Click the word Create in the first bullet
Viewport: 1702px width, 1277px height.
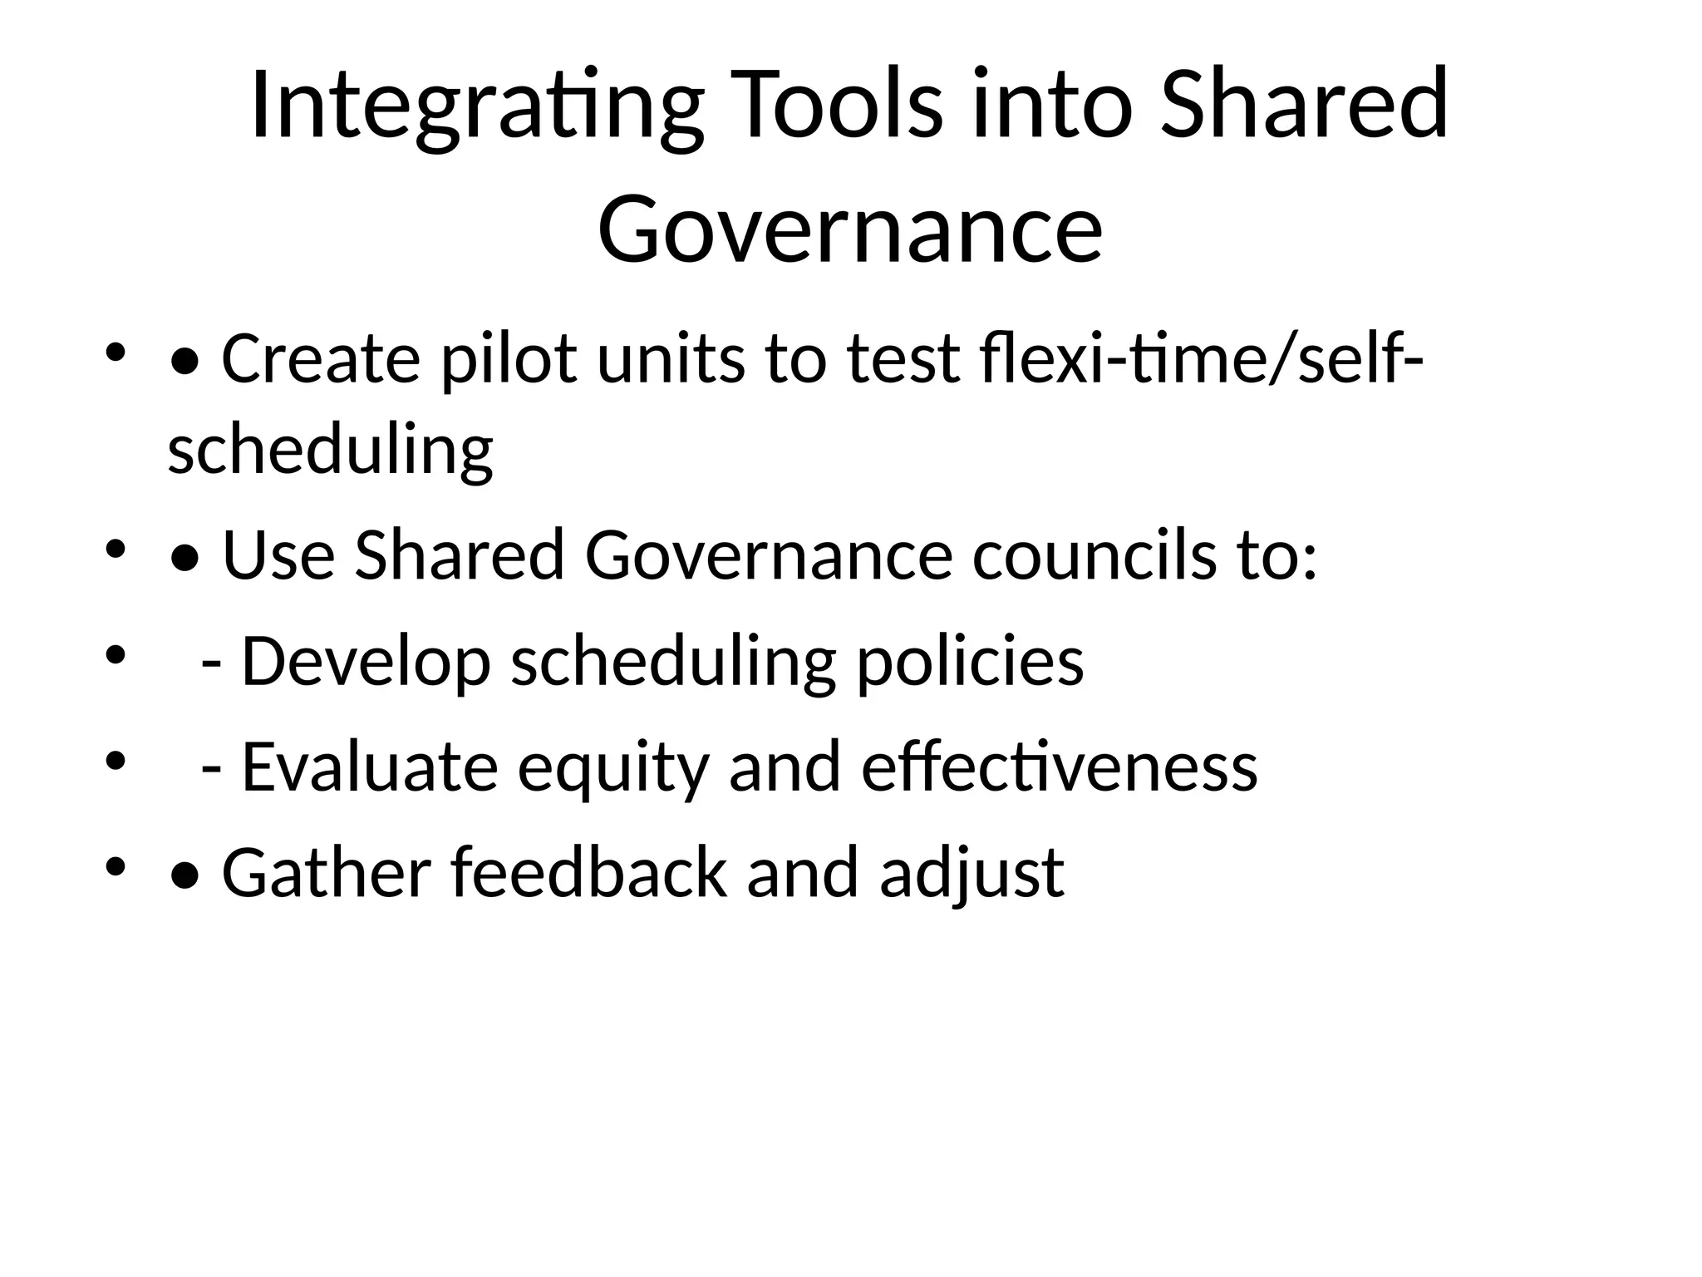coord(320,359)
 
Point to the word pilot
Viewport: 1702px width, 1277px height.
coord(507,359)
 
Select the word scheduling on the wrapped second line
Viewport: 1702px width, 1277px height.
coord(330,451)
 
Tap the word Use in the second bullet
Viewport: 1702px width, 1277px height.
coord(278,555)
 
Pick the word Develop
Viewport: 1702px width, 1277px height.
coord(366,662)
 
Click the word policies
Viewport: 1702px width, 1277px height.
coord(970,662)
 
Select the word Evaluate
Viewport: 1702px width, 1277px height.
coord(369,767)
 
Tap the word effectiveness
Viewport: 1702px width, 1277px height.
coord(1059,767)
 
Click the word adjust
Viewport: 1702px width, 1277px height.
coord(971,873)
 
